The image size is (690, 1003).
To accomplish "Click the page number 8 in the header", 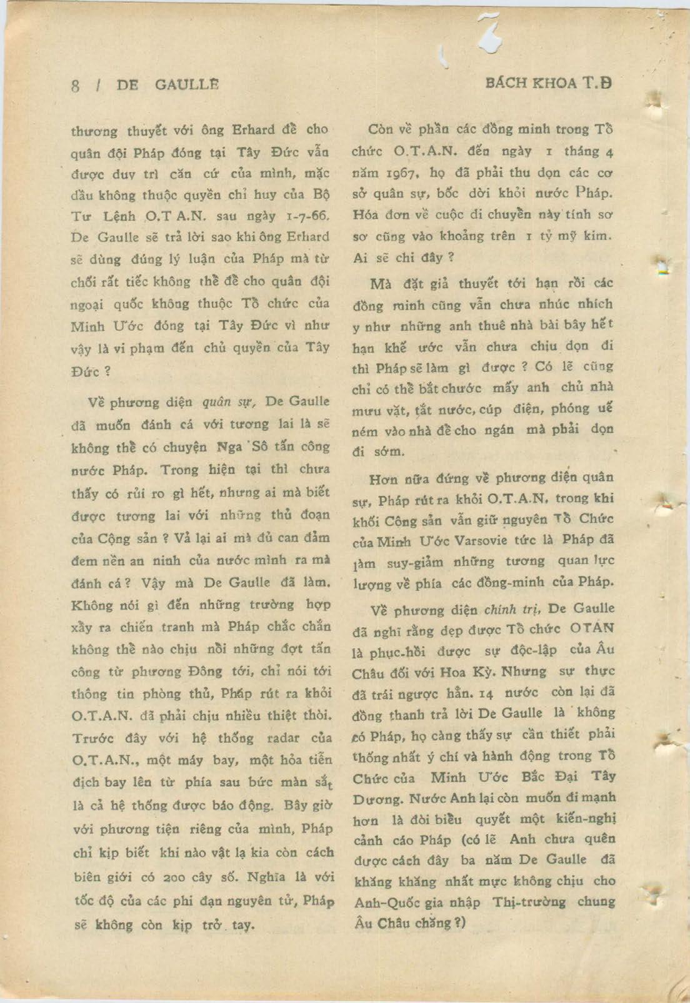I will (x=75, y=85).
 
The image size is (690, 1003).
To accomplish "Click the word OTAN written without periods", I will (x=592, y=628).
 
